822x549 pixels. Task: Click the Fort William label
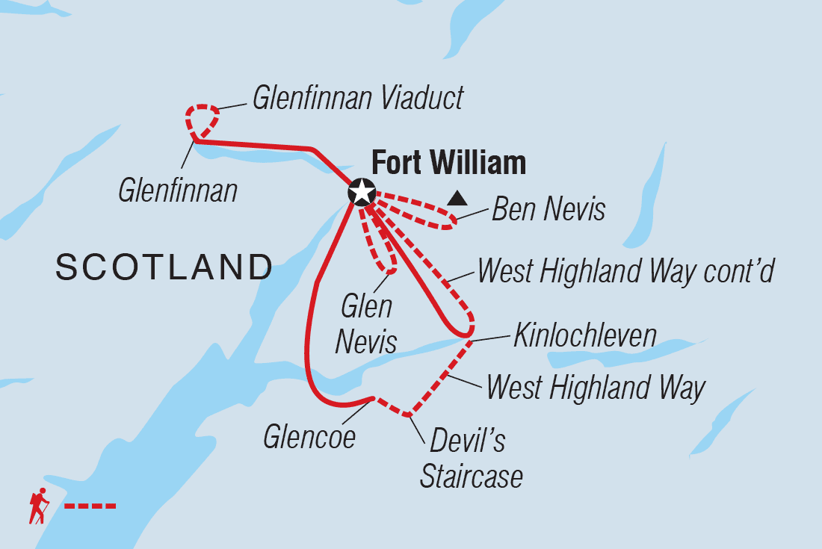click(x=448, y=163)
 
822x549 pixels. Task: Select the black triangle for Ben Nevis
click(x=457, y=199)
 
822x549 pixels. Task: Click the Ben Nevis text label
click(x=548, y=210)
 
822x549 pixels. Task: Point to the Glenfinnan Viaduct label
click(x=358, y=98)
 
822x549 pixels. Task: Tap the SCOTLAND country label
click(x=164, y=267)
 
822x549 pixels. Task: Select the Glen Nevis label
click(x=366, y=324)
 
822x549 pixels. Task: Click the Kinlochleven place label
click(x=585, y=336)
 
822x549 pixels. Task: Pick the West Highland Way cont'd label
click(x=625, y=271)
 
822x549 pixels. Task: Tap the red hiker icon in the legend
click(x=38, y=506)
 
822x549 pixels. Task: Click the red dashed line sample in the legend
click(x=90, y=506)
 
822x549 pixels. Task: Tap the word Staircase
click(x=472, y=477)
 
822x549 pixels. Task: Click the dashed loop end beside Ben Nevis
click(x=449, y=219)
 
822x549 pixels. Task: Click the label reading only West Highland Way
click(x=596, y=388)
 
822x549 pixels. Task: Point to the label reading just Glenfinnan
click(x=178, y=190)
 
